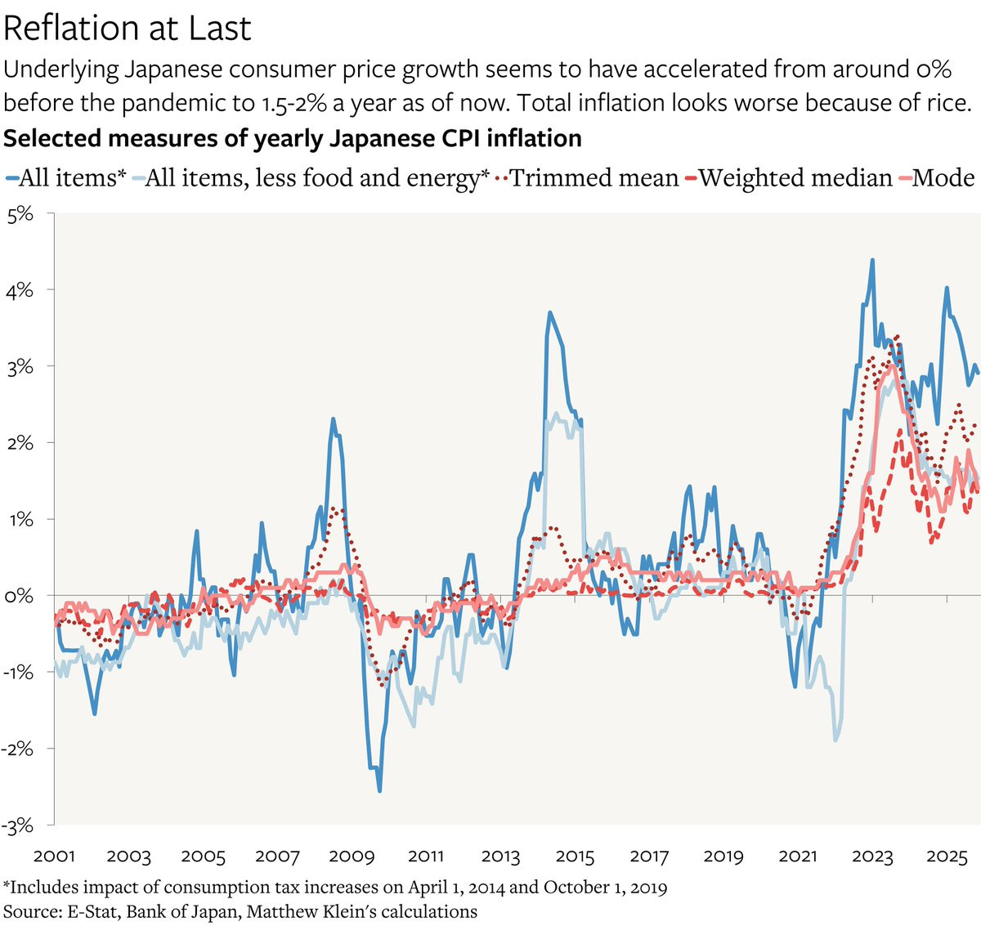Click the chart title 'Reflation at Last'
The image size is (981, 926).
click(x=127, y=29)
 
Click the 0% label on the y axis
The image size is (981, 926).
click(x=21, y=596)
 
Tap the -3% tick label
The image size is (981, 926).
click(x=20, y=825)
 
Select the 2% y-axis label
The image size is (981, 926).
click(x=21, y=443)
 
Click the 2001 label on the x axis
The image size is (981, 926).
click(x=54, y=857)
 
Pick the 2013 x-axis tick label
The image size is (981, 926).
click(x=499, y=857)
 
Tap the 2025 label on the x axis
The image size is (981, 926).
click(x=947, y=857)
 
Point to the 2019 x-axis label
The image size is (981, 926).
click(x=723, y=857)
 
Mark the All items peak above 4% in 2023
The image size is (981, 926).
click(x=872, y=260)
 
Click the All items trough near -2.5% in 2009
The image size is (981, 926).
click(x=379, y=790)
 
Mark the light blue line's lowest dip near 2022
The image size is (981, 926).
click(x=835, y=740)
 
